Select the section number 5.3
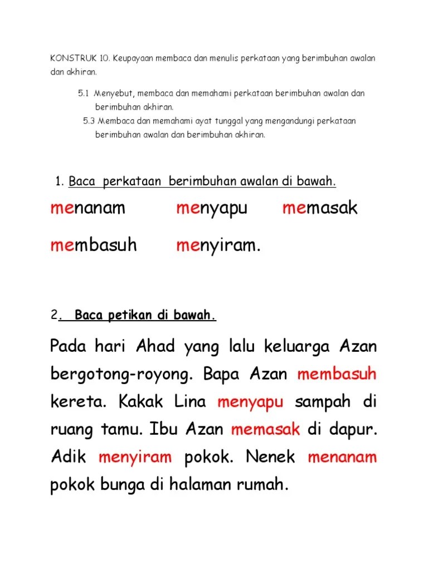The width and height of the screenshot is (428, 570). tap(89, 121)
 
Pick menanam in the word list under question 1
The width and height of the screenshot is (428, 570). tap(88, 209)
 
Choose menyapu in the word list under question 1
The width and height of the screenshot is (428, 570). tap(212, 209)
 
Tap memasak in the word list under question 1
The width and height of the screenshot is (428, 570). tap(320, 209)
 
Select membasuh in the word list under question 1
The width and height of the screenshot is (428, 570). tap(94, 245)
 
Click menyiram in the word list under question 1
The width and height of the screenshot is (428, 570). tap(218, 245)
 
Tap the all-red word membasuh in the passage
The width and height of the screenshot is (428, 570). tap(337, 374)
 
